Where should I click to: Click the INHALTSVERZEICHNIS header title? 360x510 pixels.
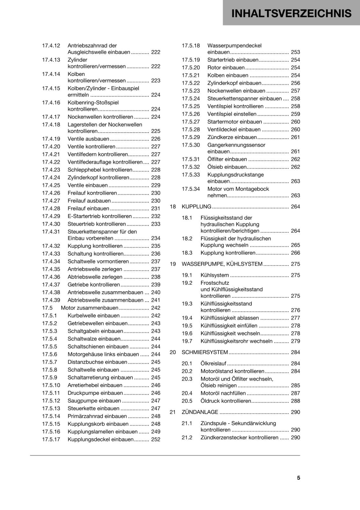[291, 13]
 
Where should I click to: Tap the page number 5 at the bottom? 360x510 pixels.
[299, 477]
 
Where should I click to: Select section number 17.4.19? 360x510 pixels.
[51, 139]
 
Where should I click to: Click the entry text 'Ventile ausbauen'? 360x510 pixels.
[88, 139]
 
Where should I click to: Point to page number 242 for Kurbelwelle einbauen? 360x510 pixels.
[155, 316]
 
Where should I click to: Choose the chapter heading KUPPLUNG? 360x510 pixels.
[196, 207]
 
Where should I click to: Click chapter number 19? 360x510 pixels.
[173, 264]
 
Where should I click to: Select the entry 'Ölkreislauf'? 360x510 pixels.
[213, 363]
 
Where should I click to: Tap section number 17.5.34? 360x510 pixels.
[191, 189]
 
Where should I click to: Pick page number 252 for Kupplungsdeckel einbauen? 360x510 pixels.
[155, 439]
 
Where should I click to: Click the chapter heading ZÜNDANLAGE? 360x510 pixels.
[200, 412]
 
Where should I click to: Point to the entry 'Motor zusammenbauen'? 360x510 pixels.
[89, 308]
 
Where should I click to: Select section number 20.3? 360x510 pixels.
[187, 379]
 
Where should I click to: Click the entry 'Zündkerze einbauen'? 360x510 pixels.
[232, 137]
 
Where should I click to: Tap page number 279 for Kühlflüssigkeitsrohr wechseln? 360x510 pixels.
[295, 341]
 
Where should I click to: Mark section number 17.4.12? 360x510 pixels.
[51, 46]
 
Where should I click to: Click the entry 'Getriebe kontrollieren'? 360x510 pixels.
[94, 285]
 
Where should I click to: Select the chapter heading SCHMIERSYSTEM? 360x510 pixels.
[205, 352]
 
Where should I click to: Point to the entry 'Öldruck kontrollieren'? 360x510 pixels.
[226, 401]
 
